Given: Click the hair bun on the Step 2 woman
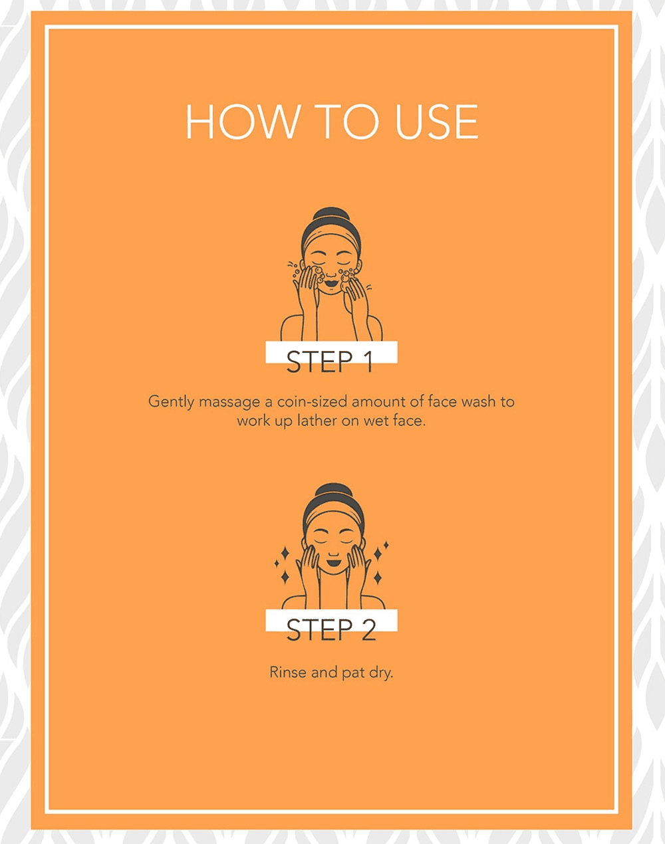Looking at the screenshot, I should click(x=332, y=492).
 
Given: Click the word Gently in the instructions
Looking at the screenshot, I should click(x=170, y=402).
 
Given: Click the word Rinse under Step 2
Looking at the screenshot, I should click(x=288, y=672).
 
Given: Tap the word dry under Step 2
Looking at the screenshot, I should click(x=381, y=673).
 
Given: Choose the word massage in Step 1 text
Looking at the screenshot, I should click(x=229, y=403).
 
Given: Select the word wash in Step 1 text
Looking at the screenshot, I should click(x=477, y=401).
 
